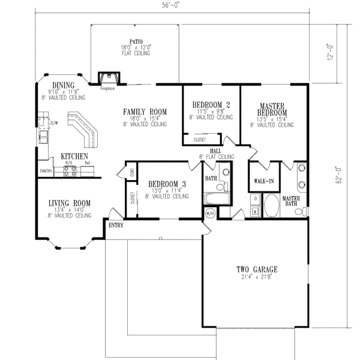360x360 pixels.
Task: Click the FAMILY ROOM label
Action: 145,112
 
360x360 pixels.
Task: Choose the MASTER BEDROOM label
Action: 271,108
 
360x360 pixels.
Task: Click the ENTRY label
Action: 116,225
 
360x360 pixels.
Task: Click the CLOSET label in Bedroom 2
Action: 200,140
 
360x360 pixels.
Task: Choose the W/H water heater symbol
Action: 211,212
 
